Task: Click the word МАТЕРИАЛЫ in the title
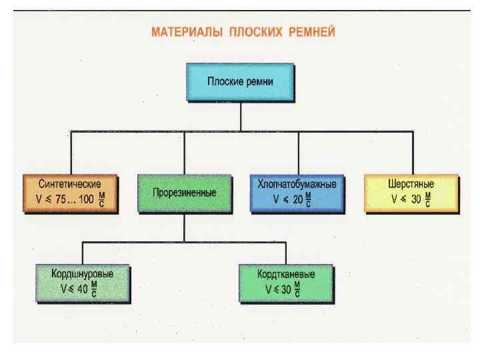pos(185,31)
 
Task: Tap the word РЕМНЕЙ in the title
pos(311,31)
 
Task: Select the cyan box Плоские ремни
pos(239,83)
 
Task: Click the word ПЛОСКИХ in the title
pos(252,31)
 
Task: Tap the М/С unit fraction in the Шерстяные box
pos(428,199)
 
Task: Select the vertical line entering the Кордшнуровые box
pos(82,253)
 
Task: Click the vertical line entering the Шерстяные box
pos(412,153)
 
